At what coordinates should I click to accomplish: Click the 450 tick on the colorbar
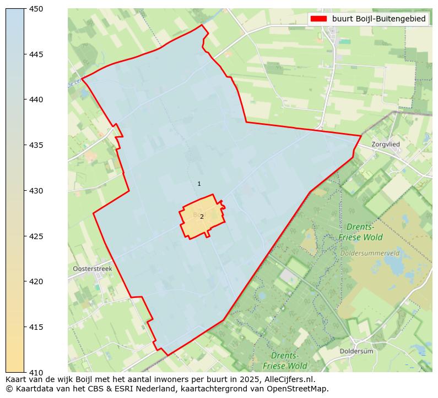click(x=36, y=9)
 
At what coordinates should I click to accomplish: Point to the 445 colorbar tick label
click(x=36, y=54)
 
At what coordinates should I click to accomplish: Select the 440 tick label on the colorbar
click(x=36, y=100)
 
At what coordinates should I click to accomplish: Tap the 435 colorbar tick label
click(x=36, y=145)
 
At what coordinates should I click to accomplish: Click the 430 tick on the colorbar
click(x=36, y=191)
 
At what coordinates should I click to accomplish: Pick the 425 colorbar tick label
click(x=36, y=236)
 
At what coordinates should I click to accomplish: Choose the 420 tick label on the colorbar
click(x=36, y=281)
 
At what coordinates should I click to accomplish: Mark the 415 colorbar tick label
click(x=36, y=327)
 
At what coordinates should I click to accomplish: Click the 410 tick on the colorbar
click(x=36, y=372)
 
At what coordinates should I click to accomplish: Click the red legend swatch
click(x=318, y=19)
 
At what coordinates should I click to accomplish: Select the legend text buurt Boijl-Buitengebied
click(x=378, y=19)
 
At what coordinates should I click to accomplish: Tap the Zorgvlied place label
click(x=386, y=145)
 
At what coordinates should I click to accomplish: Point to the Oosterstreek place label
click(x=92, y=269)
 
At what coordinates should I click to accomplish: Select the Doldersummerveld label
click(x=370, y=253)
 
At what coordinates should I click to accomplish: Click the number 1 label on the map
click(x=199, y=184)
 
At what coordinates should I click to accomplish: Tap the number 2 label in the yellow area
click(x=202, y=217)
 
